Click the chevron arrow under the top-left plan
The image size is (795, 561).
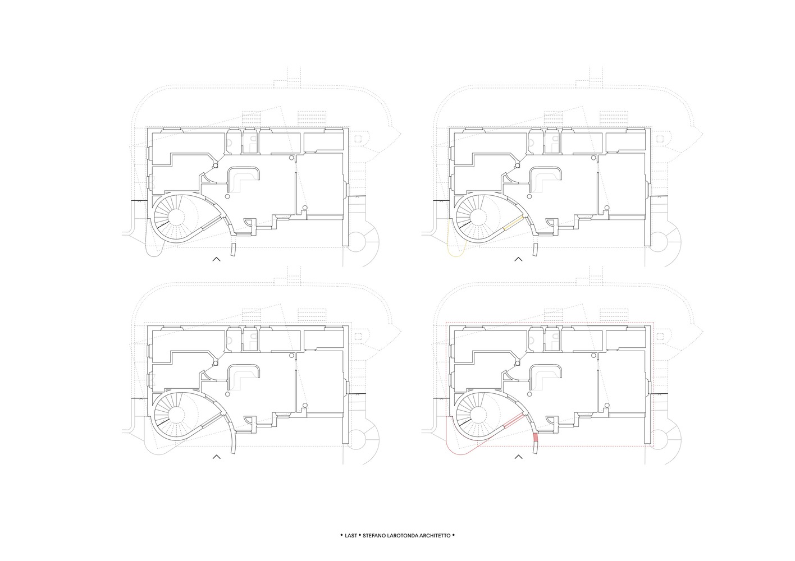click(x=217, y=259)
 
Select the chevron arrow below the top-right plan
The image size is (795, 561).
click(x=518, y=259)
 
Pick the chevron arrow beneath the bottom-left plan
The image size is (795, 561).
click(x=217, y=457)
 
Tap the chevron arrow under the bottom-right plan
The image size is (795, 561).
click(x=518, y=457)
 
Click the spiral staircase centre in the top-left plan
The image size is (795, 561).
click(x=176, y=216)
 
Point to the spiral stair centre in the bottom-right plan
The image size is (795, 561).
click(x=478, y=413)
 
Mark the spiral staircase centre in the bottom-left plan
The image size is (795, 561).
click(x=176, y=413)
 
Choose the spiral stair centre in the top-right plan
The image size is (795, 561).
click(x=478, y=216)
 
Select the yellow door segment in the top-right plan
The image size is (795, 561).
click(x=514, y=224)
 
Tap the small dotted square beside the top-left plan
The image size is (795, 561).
click(x=358, y=139)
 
